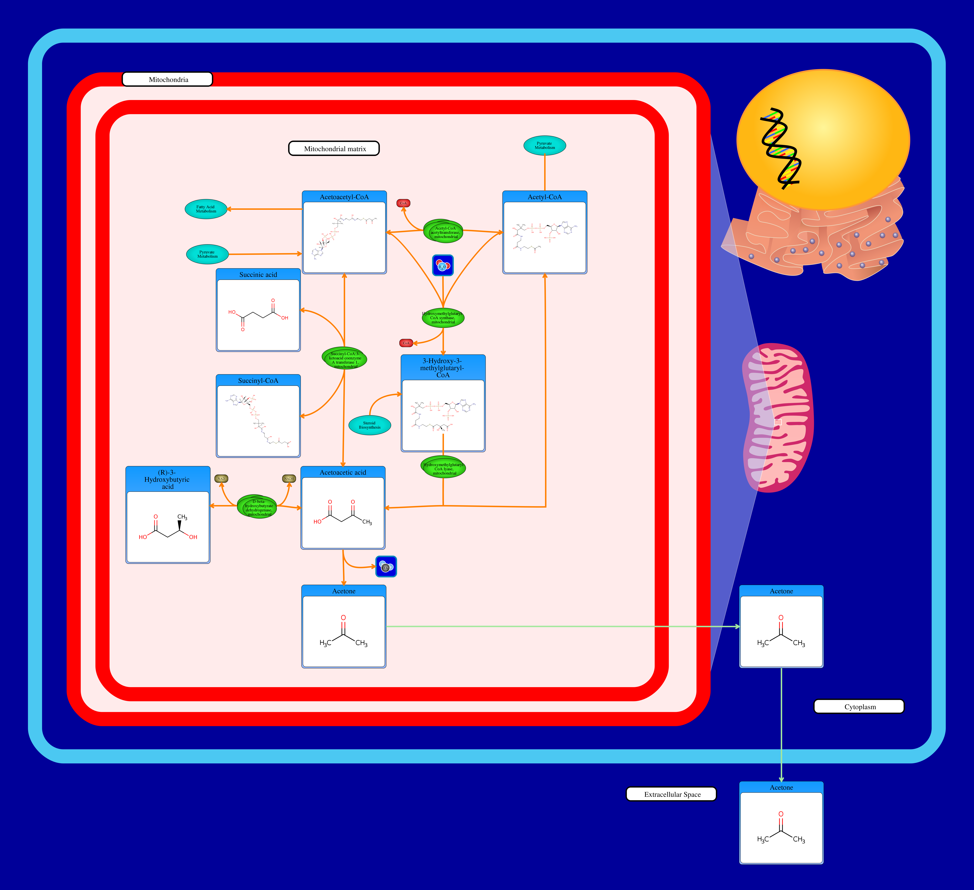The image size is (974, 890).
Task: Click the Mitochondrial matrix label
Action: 334,148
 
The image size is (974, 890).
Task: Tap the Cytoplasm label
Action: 859,706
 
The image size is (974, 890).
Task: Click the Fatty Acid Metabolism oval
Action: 206,209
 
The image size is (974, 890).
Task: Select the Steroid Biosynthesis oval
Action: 370,425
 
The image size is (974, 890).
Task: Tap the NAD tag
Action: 221,479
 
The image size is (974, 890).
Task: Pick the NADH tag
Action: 289,479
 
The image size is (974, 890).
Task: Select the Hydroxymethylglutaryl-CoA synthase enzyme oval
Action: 443,318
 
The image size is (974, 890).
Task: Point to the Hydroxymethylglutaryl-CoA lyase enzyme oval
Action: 444,467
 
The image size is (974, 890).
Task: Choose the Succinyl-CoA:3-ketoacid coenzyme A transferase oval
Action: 344,359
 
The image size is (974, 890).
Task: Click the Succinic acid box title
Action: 258,275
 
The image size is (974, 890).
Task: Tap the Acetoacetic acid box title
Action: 343,472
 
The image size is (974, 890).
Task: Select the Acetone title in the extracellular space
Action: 781,788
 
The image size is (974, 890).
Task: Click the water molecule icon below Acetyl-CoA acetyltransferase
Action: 443,265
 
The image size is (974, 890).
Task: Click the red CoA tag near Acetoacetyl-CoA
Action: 403,203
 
